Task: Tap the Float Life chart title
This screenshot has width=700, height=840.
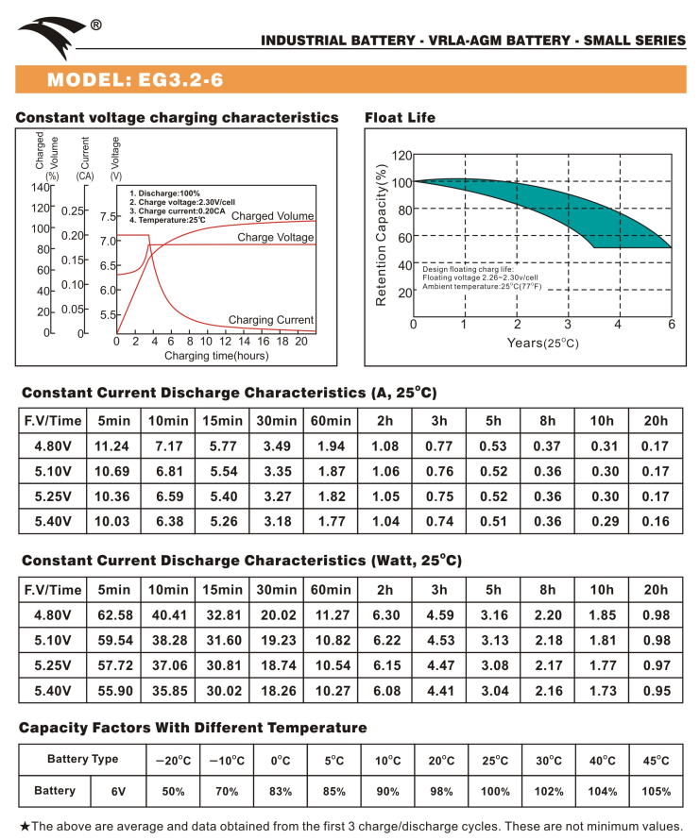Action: tap(400, 118)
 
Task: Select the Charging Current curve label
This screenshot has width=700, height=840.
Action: tap(271, 320)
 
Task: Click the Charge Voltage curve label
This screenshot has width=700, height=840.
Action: tap(276, 238)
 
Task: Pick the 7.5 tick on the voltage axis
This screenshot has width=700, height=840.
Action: tap(108, 216)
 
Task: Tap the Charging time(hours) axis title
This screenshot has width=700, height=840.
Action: tap(216, 356)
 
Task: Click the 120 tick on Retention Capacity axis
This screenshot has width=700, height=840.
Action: tap(401, 155)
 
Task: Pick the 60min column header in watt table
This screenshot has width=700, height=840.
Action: tap(330, 590)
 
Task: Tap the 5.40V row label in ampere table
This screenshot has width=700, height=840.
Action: tap(53, 520)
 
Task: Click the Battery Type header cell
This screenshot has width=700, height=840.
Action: tap(83, 759)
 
